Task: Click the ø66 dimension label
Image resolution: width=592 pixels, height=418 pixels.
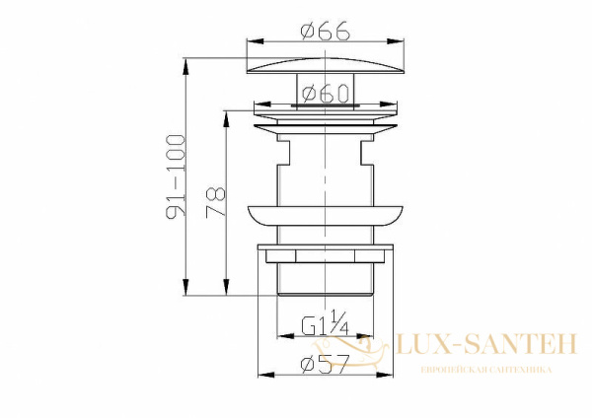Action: point(326,31)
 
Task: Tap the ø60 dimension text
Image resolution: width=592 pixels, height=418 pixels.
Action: point(325,94)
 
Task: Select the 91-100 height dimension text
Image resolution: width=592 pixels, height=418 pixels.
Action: point(177,176)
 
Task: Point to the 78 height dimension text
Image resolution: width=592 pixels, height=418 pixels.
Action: point(215,202)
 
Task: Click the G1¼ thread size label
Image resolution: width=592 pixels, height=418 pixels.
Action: point(325,323)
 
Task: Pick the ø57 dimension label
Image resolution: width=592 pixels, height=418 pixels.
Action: point(324,364)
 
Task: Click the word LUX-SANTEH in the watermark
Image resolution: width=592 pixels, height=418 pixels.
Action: point(486,343)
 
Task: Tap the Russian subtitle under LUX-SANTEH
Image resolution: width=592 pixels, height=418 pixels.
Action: point(485,370)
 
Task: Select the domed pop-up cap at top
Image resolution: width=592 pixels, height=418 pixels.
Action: point(325,65)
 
